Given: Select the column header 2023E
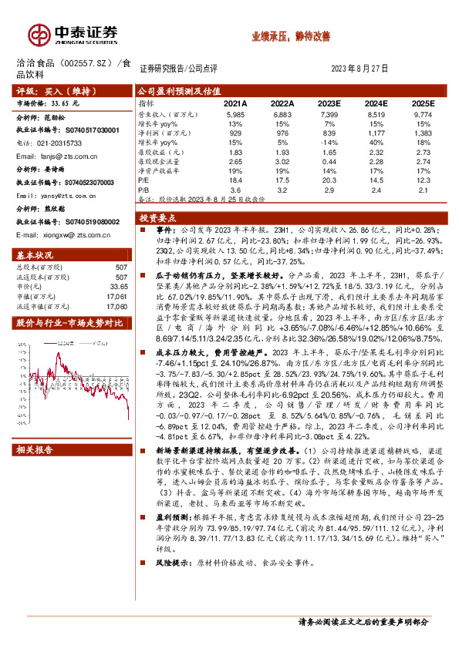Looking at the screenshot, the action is point(329,103).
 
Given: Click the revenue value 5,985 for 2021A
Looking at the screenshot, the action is point(236,113).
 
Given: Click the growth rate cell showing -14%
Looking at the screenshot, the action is point(329,142).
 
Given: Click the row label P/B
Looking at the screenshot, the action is point(143,189).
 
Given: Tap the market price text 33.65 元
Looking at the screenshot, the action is point(64,101).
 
